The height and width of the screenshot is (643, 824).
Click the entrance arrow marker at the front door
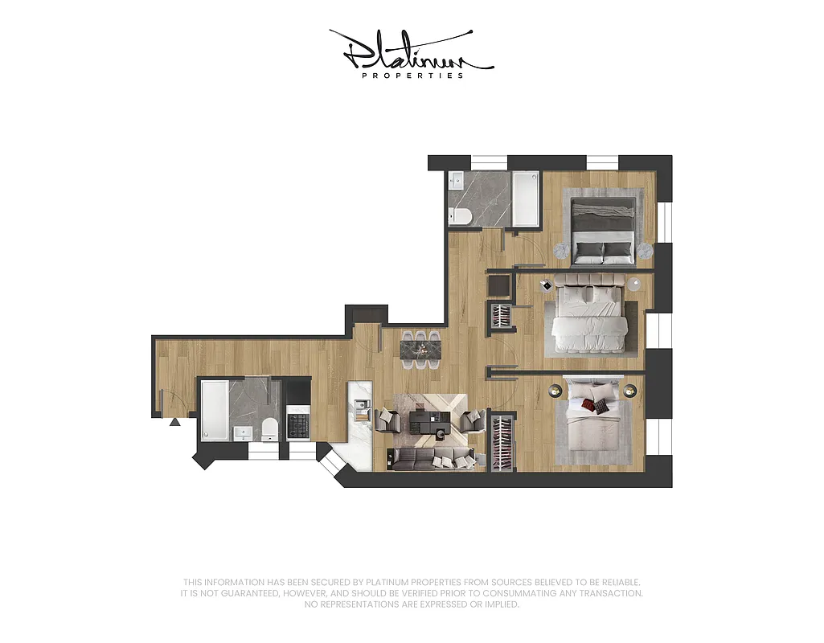(x=174, y=421)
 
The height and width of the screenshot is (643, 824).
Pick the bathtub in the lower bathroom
(x=215, y=410)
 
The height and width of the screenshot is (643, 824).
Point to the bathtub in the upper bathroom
(x=527, y=199)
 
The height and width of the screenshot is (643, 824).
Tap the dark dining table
(x=421, y=350)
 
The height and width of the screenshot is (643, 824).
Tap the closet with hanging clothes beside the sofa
(x=502, y=441)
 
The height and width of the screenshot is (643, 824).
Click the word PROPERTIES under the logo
(x=412, y=76)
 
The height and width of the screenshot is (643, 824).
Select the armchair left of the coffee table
(x=387, y=420)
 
